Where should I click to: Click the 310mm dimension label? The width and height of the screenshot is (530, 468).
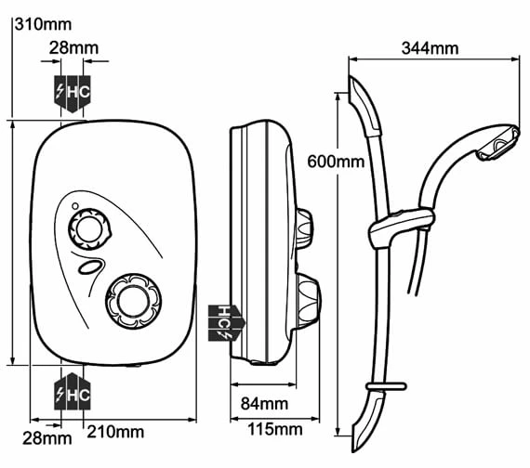tap(43, 25)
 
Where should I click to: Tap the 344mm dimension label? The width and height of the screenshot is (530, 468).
tap(430, 48)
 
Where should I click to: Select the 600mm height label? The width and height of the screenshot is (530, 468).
tap(336, 162)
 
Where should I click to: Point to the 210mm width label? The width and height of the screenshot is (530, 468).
tap(115, 432)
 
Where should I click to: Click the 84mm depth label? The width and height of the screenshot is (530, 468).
tap(264, 404)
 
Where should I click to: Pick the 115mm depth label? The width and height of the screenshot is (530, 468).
tap(275, 430)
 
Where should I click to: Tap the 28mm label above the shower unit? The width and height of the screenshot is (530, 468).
tap(73, 48)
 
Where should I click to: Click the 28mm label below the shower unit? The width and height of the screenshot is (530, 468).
tap(47, 438)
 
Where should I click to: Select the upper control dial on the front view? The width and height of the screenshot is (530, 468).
tap(89, 229)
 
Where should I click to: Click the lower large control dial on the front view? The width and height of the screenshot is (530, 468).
tap(134, 301)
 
